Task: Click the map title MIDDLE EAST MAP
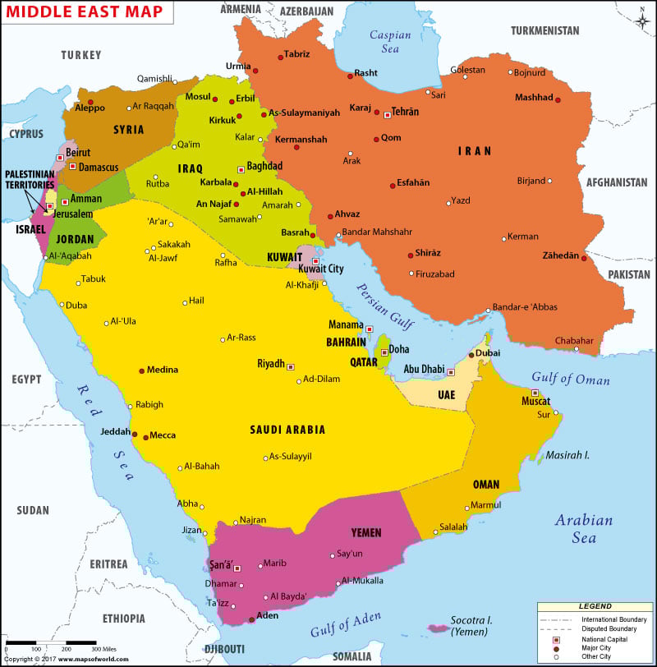(85, 13)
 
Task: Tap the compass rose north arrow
(642, 16)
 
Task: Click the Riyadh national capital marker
(290, 366)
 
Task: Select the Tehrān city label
(405, 111)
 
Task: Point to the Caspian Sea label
(384, 42)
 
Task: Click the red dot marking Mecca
(146, 436)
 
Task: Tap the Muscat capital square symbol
(535, 393)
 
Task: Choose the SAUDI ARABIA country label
(287, 430)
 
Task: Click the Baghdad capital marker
(241, 169)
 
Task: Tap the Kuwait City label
(320, 269)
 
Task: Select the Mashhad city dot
(558, 100)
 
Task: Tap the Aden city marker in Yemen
(250, 619)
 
